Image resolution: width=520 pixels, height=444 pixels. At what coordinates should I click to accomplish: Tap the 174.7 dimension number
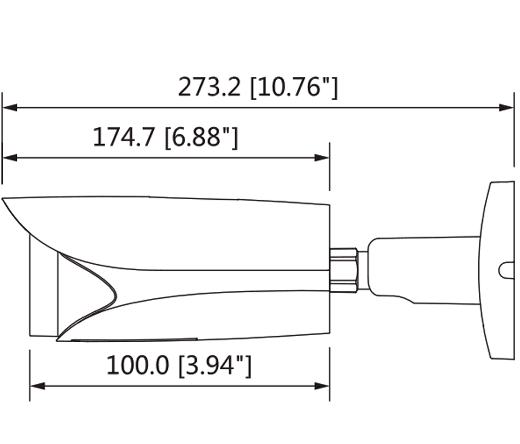tap(125, 138)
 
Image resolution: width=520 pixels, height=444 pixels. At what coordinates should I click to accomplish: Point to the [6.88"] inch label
tap(201, 138)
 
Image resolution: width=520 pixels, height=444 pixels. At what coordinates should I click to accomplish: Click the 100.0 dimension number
tap(139, 365)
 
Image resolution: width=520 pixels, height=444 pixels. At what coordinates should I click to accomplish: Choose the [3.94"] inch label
tap(215, 365)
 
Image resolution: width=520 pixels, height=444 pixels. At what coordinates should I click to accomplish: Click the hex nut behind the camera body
tap(343, 270)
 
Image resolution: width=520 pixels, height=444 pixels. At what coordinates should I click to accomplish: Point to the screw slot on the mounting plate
tap(506, 270)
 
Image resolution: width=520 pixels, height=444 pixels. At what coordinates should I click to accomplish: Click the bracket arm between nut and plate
tap(422, 268)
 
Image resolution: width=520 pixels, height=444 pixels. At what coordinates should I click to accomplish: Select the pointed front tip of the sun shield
tap(4, 200)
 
